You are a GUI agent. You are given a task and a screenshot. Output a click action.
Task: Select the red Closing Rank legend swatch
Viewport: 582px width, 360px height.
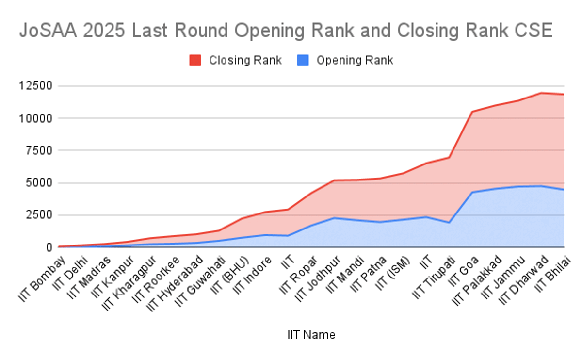(195, 61)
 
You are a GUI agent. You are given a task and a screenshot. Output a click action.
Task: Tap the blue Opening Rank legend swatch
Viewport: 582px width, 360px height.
(303, 61)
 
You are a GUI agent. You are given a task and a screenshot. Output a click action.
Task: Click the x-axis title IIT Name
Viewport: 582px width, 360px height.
(311, 335)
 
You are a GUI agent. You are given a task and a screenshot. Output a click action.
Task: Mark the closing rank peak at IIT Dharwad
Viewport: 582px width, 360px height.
(542, 93)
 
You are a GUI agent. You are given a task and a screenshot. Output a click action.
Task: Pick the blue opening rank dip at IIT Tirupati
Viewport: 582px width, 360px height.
(450, 223)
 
